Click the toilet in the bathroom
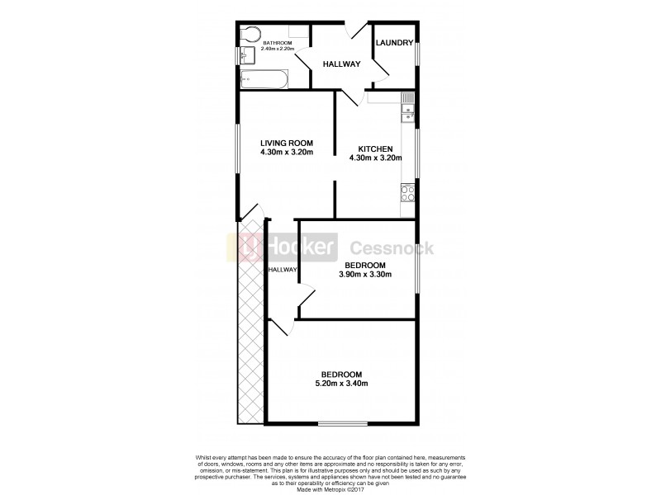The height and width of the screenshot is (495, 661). tap(251, 35)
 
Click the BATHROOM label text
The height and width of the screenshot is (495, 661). tap(278, 43)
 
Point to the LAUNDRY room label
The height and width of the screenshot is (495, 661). tap(394, 43)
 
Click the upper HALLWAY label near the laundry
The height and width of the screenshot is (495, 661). tap(342, 64)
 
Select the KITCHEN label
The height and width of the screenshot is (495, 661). tap(375, 148)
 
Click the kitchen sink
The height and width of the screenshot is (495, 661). tap(407, 108)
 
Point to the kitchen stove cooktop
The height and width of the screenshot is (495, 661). tap(407, 193)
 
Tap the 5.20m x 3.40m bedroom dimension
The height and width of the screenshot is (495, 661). tap(341, 383)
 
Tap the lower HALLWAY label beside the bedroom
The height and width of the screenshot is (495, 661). tap(282, 270)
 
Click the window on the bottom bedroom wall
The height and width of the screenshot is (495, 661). tap(343, 424)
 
